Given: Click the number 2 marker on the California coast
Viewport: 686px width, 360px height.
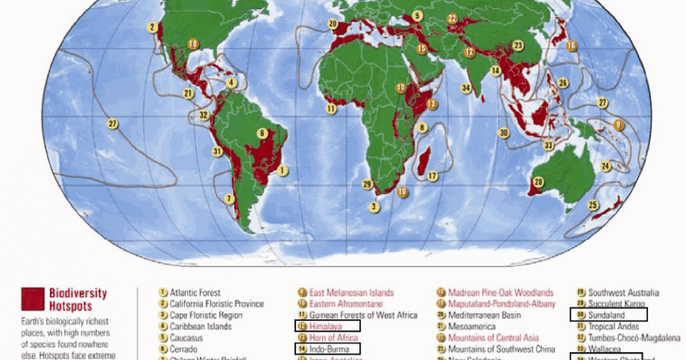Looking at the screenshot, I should (x=152, y=27).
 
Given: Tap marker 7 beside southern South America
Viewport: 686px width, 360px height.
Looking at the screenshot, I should (x=229, y=198).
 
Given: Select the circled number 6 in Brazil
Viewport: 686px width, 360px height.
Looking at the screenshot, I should (x=261, y=133).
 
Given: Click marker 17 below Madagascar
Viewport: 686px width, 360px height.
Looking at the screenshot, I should (x=433, y=176).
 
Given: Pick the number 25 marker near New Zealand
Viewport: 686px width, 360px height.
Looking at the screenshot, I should (x=593, y=205).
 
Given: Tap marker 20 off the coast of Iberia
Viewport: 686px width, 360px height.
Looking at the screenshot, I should (x=333, y=24).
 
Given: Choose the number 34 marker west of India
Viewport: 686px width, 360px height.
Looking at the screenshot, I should (x=466, y=88).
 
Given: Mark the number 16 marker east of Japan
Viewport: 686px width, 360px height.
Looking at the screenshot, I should (x=571, y=45).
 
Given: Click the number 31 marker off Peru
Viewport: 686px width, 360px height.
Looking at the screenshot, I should (x=216, y=151).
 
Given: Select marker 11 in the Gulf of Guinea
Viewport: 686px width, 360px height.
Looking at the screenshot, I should (x=331, y=107).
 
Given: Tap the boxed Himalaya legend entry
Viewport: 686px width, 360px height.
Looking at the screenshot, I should (x=327, y=326).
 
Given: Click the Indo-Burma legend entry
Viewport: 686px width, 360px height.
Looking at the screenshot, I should (x=327, y=349).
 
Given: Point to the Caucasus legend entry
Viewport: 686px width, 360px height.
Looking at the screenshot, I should (x=186, y=337).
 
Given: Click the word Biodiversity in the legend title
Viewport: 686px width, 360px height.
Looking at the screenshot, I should (x=77, y=293).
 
